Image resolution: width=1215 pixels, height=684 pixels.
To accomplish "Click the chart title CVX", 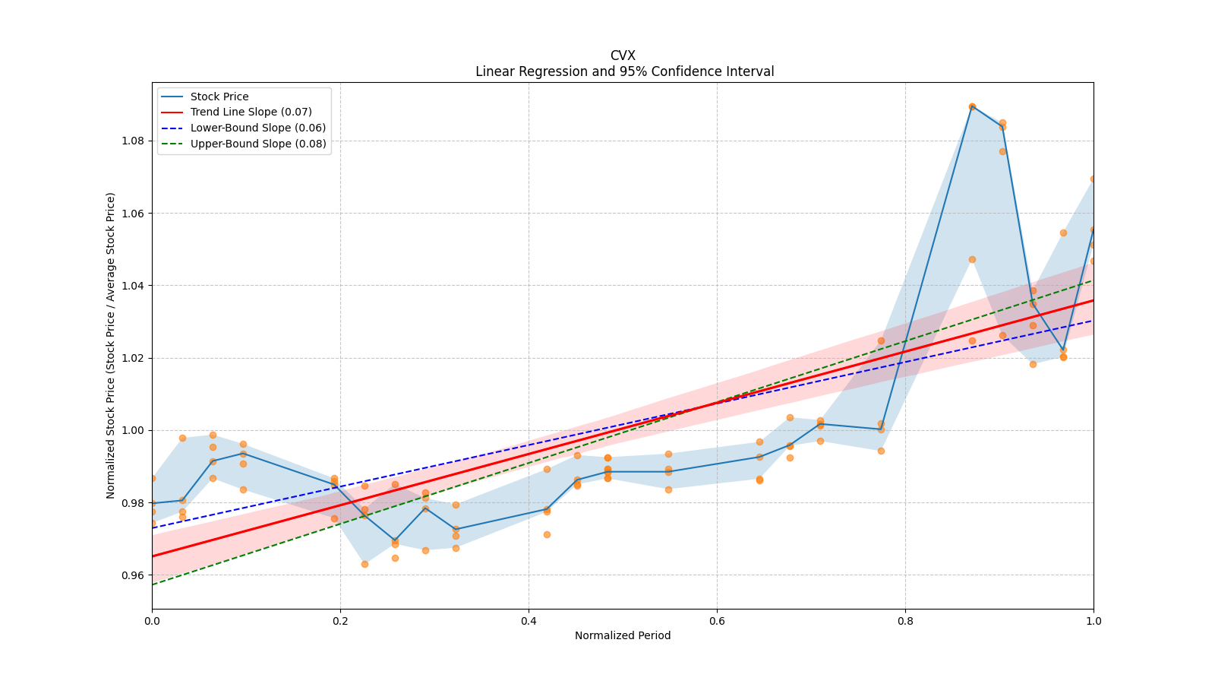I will click(x=623, y=55).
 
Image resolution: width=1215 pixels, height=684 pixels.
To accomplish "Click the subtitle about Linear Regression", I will click(x=624, y=71).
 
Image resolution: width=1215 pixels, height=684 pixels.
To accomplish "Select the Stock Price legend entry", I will click(x=219, y=97).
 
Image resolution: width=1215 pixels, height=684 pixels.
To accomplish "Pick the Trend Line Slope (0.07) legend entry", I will click(x=251, y=112).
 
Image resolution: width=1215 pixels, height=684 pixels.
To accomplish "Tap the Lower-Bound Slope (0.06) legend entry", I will click(x=257, y=128).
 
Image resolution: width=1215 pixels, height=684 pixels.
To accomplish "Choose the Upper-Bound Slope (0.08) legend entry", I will click(x=258, y=144).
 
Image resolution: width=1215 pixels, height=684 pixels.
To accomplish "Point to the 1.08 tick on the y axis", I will click(x=134, y=141).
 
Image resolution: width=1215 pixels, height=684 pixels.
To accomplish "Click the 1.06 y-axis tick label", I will click(x=134, y=214).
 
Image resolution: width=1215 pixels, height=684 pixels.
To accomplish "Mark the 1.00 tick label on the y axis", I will click(x=134, y=430).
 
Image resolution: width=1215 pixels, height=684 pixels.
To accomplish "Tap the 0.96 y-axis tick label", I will click(x=134, y=575).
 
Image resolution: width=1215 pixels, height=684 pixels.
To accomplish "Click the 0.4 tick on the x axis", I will click(x=529, y=621).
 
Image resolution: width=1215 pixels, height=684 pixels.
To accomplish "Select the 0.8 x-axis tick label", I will click(x=905, y=621).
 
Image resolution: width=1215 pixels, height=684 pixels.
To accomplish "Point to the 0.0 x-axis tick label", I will click(x=152, y=621).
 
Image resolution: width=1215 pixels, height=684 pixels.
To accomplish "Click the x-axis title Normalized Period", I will click(x=623, y=635).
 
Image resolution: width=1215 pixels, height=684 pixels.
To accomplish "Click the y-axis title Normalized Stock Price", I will click(x=111, y=345).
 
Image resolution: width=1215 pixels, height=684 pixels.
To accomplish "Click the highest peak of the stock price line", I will click(x=972, y=106).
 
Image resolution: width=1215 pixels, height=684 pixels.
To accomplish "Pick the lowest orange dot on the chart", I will click(x=364, y=564).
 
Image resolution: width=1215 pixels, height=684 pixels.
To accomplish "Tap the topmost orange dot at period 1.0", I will click(x=1093, y=179).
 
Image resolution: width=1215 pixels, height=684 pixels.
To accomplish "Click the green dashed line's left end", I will click(x=153, y=584).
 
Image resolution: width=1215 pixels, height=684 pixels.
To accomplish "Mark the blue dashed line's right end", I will click(x=1093, y=320).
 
